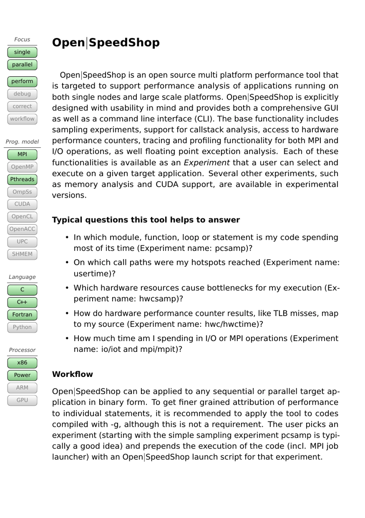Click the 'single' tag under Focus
pos(22,52)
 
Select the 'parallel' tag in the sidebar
pos(22,65)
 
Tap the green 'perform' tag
pos(22,82)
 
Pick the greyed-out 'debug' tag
pos(22,94)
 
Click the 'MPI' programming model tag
pos(22,155)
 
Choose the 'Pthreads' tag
pos(22,180)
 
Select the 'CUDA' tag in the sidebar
pos(22,204)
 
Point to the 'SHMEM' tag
pos(22,254)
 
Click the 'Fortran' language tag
pos(22,315)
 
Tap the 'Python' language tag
pos(22,327)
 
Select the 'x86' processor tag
pos(22,363)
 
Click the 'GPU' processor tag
pos(22,400)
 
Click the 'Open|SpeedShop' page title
pos(106,43)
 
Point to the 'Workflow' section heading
pos(72,375)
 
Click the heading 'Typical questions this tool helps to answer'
pos(146,220)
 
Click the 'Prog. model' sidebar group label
pos(22,142)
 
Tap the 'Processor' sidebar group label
pos(22,350)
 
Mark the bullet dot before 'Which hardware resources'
pos(67,288)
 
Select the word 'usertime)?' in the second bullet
pos(94,274)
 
